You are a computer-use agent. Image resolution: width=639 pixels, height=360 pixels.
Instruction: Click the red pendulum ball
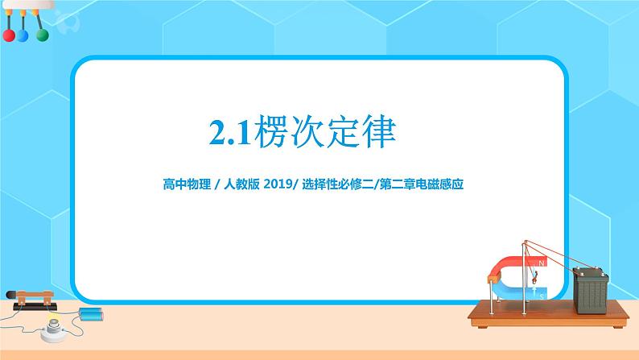[x=10, y=36]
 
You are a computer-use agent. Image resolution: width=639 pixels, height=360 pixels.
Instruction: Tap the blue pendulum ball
[x=24, y=36]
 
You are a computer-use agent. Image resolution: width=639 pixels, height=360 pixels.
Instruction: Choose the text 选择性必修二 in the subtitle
[x=334, y=184]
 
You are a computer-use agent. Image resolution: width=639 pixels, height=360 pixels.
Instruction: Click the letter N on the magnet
[x=541, y=263]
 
